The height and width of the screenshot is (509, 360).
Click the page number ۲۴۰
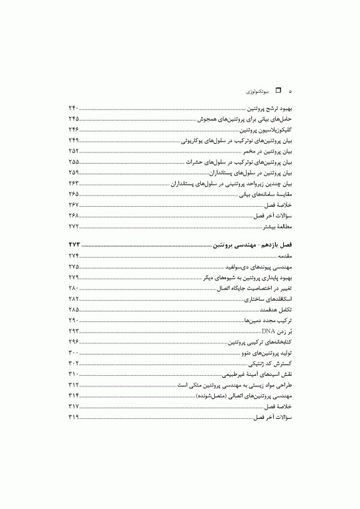click(x=74, y=108)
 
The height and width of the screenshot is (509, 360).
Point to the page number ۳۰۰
click(x=74, y=354)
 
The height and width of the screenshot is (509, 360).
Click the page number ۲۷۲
click(x=74, y=226)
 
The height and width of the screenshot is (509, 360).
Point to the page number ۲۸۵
click(x=74, y=310)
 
